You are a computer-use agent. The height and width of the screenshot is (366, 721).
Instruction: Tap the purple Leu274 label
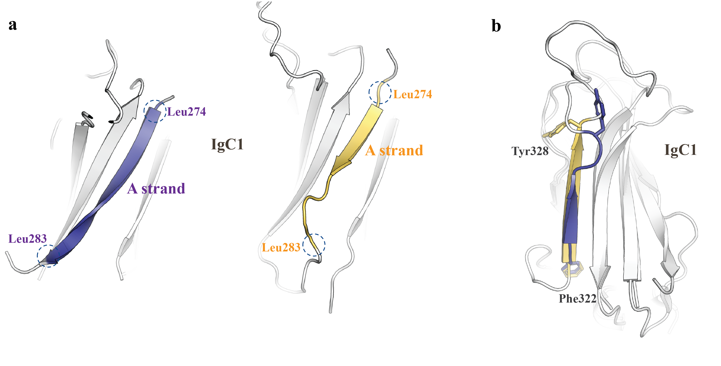click(x=187, y=112)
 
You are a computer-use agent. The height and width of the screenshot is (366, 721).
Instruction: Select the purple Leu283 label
click(x=27, y=238)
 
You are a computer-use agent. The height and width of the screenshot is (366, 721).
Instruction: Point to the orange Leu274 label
click(x=413, y=94)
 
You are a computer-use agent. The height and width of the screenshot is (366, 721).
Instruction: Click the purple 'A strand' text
click(x=156, y=188)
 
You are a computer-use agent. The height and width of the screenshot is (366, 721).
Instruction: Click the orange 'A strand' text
click(x=394, y=150)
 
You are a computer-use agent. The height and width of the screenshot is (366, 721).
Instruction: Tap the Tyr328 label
click(x=530, y=151)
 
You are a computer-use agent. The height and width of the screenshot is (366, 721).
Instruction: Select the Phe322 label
click(x=577, y=299)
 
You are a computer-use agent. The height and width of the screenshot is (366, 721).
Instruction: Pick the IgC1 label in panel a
click(x=227, y=144)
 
